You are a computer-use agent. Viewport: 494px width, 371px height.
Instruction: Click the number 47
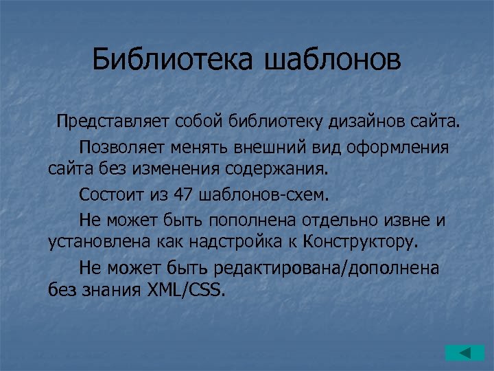point(184,194)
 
